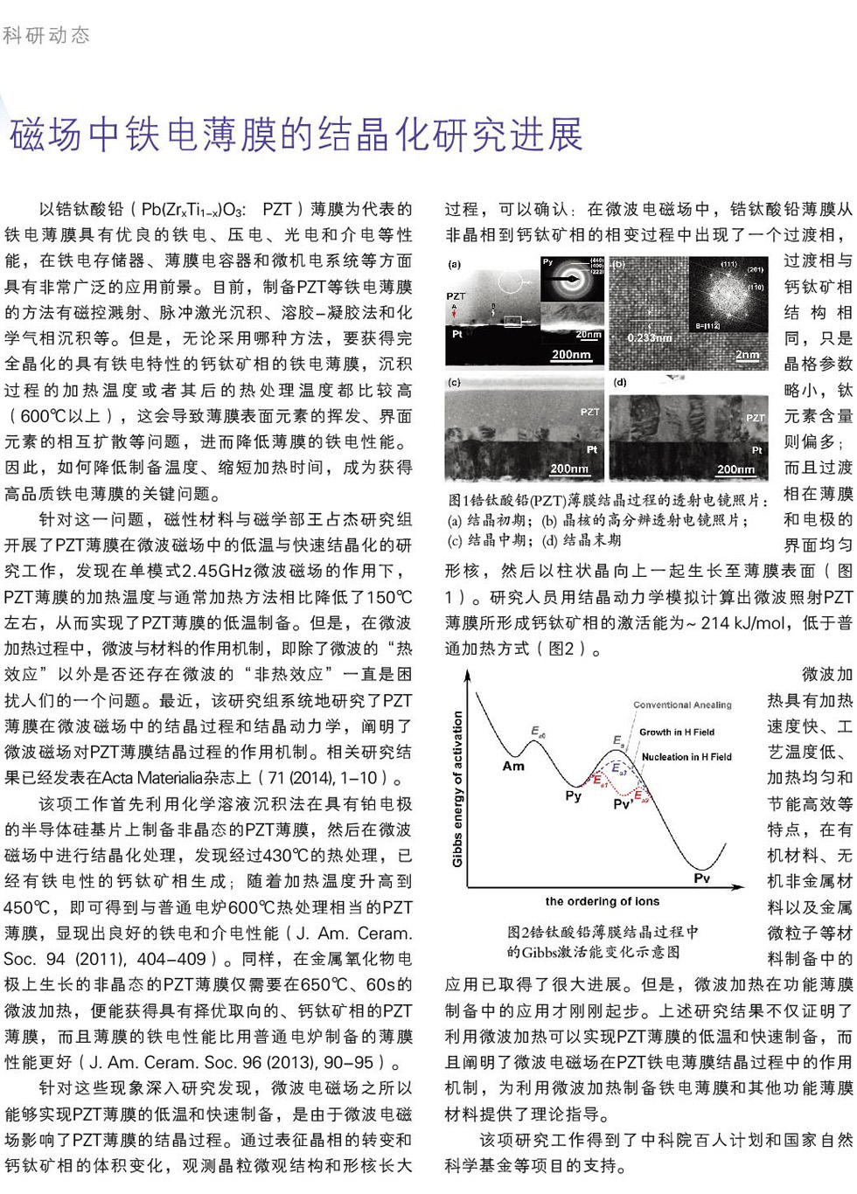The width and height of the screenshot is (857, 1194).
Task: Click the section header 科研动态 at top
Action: (x=46, y=35)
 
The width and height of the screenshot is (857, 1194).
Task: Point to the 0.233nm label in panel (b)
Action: (x=650, y=337)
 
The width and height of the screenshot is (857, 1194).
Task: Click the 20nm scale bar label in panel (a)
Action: (x=588, y=334)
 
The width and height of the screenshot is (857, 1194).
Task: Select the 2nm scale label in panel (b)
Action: (x=747, y=355)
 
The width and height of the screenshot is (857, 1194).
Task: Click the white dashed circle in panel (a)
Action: (x=512, y=281)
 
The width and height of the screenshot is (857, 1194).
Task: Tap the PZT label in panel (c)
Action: (x=589, y=412)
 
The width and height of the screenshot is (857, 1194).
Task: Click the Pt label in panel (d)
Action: (x=756, y=450)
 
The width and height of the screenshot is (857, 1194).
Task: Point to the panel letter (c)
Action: (x=454, y=382)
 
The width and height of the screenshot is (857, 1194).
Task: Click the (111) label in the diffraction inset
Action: (x=728, y=264)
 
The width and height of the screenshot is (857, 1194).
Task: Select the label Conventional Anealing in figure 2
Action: (x=682, y=705)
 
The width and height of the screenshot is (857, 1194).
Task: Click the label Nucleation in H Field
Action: (x=686, y=757)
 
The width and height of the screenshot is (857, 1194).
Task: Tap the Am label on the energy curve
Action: (x=513, y=766)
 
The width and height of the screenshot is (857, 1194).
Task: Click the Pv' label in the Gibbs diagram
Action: (x=623, y=804)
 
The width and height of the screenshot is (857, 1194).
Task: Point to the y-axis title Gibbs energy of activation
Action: (x=456, y=788)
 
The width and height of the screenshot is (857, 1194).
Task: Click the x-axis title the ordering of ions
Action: (x=602, y=901)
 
